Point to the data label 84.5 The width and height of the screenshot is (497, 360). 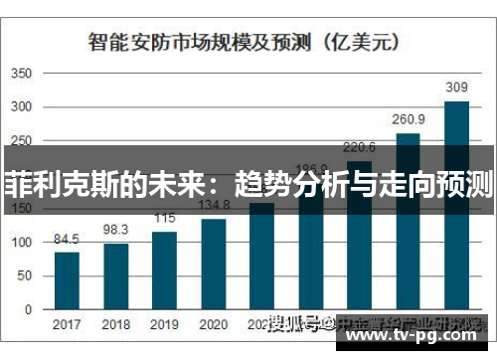coord(67,239)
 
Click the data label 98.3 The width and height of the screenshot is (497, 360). coord(116,229)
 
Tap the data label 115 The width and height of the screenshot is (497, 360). coord(165,218)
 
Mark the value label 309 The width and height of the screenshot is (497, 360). coord(456,88)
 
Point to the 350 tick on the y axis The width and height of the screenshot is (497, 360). coord(22,74)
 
